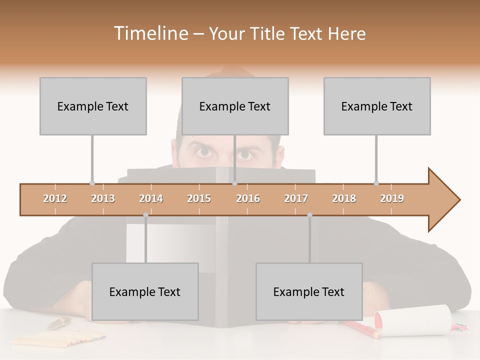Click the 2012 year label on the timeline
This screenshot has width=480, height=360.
click(55, 198)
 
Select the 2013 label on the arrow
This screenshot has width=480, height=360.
click(103, 198)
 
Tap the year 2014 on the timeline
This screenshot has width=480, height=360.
click(151, 198)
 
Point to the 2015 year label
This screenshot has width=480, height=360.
click(199, 198)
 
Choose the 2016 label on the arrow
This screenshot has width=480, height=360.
click(248, 198)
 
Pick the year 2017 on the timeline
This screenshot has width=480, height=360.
click(296, 198)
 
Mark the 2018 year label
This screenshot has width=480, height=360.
click(344, 198)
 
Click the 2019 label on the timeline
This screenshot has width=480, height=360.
click(392, 198)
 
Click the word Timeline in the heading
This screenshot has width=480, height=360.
click(150, 33)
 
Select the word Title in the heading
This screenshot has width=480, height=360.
click(268, 33)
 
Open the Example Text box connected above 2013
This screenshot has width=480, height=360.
click(93, 106)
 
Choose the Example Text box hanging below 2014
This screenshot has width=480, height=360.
click(145, 291)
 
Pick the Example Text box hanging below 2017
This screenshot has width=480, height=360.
click(309, 291)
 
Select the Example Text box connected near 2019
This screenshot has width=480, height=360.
click(377, 106)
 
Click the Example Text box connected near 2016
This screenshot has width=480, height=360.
click(235, 106)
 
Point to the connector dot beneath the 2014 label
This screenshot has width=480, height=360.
click(145, 214)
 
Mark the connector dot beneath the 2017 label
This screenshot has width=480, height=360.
click(309, 214)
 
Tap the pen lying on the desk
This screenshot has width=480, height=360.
click(59, 323)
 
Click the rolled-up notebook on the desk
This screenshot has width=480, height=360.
click(413, 320)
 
